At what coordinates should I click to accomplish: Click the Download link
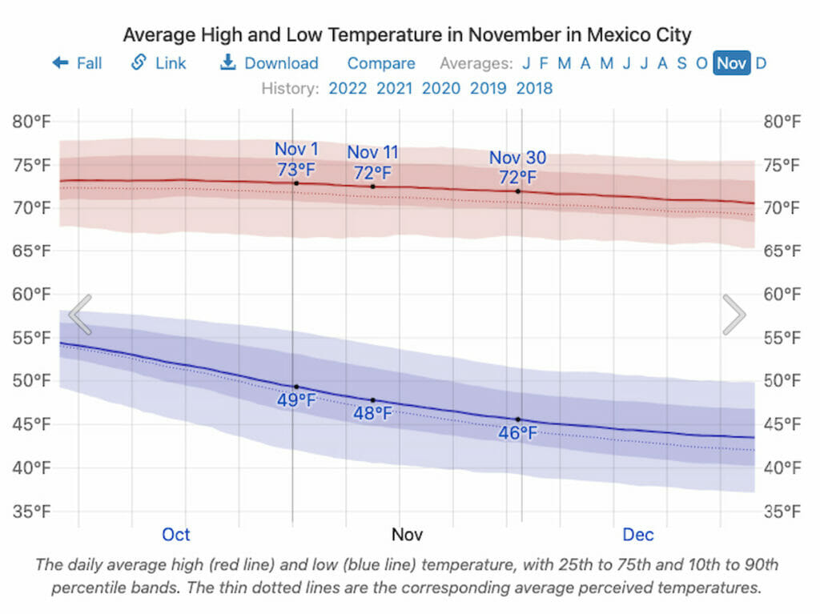pos(269,63)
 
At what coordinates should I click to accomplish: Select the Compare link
pos(381,63)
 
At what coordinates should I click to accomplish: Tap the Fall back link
pos(78,63)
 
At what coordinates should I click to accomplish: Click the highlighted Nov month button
pos(732,63)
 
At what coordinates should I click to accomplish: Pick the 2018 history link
pos(534,88)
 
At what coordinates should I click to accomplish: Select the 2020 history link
pos(441,88)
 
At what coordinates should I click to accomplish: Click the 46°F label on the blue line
pos(517,433)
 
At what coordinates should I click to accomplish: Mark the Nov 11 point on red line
pos(372,187)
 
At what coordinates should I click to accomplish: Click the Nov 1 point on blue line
pos(296,387)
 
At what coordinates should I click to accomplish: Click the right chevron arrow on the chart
pos(734,314)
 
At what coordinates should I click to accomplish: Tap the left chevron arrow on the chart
pos(80,314)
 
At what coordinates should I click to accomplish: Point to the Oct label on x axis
pos(176,534)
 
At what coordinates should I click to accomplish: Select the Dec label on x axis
pos(638,534)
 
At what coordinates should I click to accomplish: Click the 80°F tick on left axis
pos(31,122)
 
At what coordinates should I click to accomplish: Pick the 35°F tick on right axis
pos(782,511)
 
